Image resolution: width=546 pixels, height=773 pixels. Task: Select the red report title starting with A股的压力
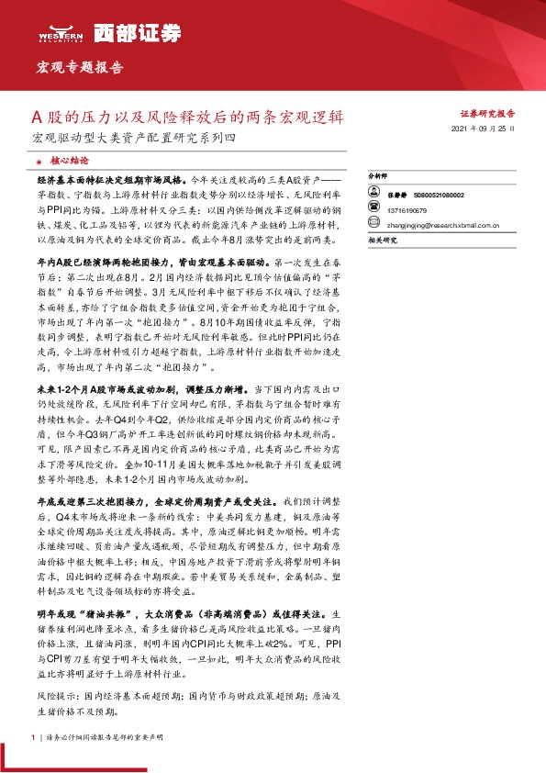pyautogui.click(x=187, y=118)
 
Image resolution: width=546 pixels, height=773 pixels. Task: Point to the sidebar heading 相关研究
pyautogui.click(x=381, y=239)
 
